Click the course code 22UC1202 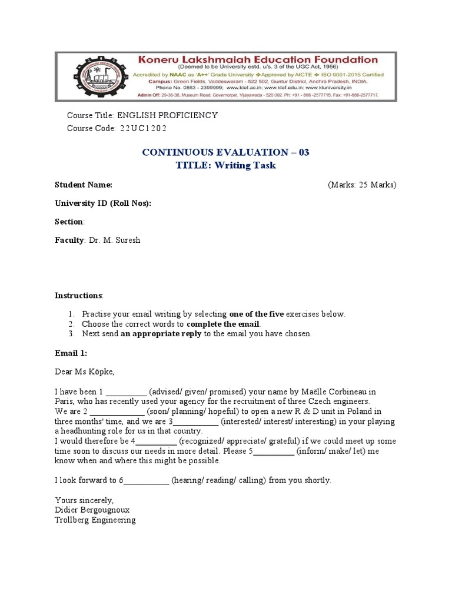[145, 128]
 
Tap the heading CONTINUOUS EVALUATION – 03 [225, 152]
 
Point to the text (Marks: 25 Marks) [362, 185]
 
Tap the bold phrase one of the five [259, 314]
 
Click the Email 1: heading [71, 353]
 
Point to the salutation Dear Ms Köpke [85, 372]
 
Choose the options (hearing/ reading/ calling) [218, 480]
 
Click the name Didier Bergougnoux [92, 510]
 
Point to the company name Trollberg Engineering [95, 520]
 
